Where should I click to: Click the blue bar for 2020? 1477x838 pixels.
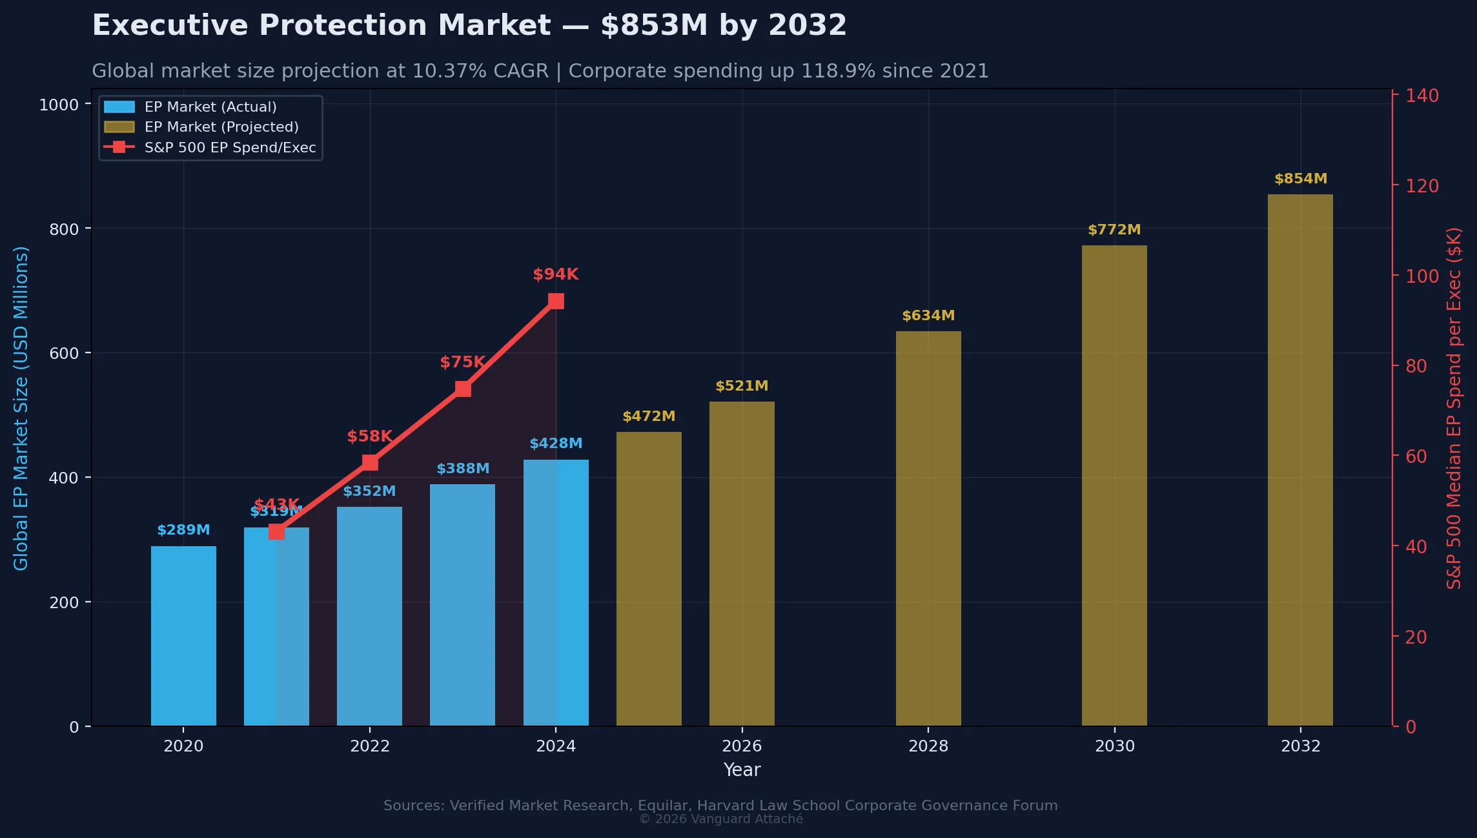[183, 636]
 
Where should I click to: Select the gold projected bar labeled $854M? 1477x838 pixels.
[1300, 460]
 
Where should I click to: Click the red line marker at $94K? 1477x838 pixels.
[556, 301]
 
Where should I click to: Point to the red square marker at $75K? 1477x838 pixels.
[463, 389]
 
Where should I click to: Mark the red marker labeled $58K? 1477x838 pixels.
[370, 463]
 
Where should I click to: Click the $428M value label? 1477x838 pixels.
[556, 444]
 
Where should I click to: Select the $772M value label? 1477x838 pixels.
[1114, 230]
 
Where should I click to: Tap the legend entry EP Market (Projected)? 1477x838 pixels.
[221, 127]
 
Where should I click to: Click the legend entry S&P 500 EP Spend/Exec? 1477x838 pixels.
[230, 148]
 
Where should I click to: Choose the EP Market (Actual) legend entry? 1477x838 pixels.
[210, 107]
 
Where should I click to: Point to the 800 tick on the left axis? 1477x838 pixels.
[64, 229]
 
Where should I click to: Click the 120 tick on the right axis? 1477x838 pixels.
[1422, 186]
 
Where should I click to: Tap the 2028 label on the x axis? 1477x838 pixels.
[928, 746]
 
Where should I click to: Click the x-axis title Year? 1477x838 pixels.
[742, 770]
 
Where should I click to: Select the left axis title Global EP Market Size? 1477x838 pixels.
[21, 408]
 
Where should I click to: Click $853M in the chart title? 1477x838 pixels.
[654, 26]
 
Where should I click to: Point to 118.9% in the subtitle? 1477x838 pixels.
[837, 71]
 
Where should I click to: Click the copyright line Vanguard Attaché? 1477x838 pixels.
[721, 819]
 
